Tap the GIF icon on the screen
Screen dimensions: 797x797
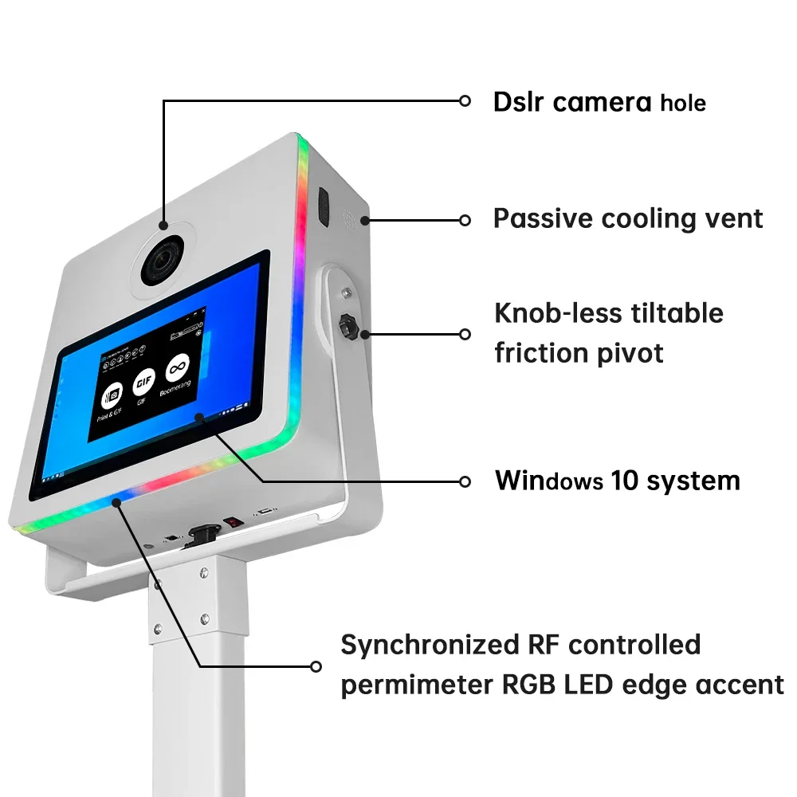144,380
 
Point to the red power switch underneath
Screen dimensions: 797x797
232,522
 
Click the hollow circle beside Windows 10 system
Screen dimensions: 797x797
465,481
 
